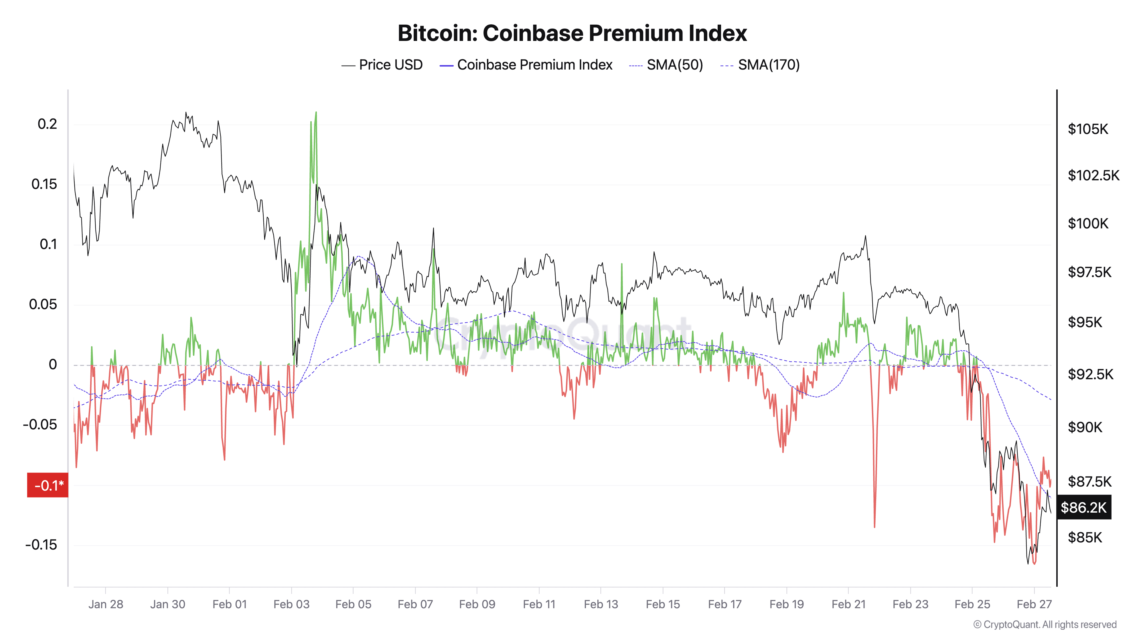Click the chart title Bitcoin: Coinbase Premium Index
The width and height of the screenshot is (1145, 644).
[x=572, y=33]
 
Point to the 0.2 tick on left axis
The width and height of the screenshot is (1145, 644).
[x=47, y=124]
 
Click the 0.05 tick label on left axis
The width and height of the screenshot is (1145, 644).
[x=43, y=305]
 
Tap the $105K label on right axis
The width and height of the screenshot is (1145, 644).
[x=1088, y=129]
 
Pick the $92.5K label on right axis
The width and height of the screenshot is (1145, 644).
[x=1090, y=374]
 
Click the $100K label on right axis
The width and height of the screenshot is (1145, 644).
[x=1088, y=223]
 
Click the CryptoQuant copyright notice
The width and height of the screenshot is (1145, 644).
[x=1045, y=625]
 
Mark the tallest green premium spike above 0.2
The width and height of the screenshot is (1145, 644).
[x=316, y=113]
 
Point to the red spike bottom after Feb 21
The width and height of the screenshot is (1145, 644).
[x=874, y=526]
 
